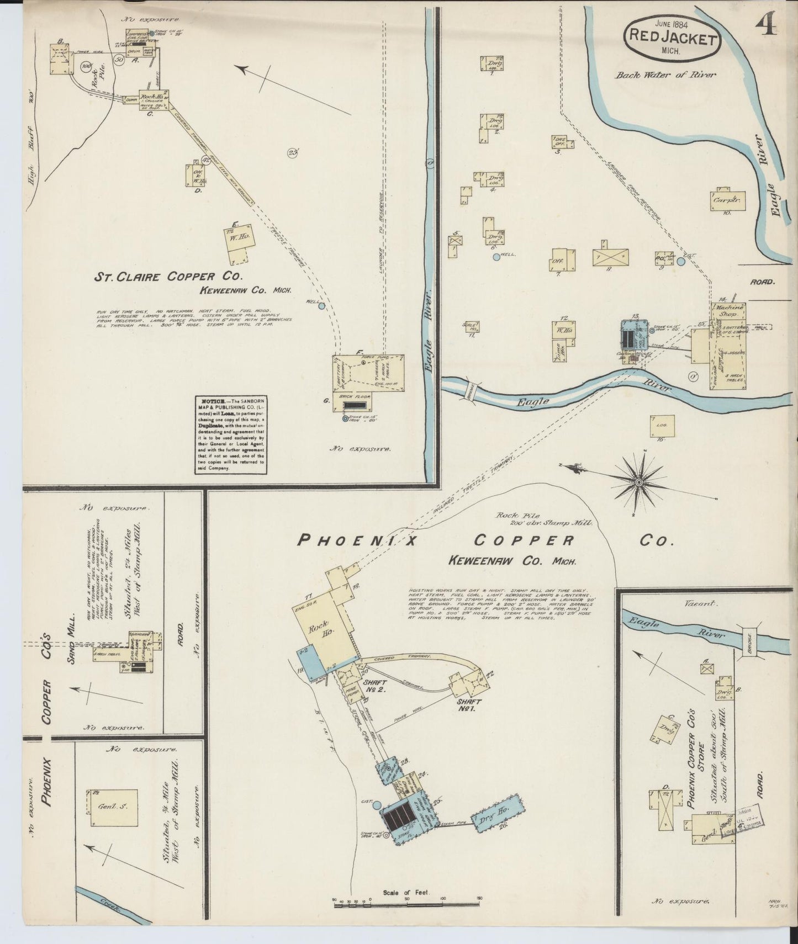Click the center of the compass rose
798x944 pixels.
pyautogui.click(x=639, y=482)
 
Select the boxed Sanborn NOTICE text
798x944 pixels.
pyautogui.click(x=230, y=434)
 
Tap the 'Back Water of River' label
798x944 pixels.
pyautogui.click(x=665, y=75)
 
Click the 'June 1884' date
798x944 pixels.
pyautogui.click(x=672, y=23)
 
